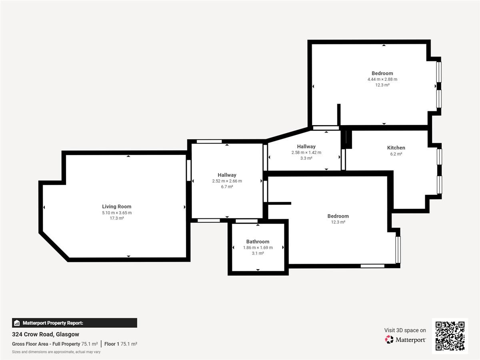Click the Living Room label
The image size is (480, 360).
pyautogui.click(x=116, y=206)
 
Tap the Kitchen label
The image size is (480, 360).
pyautogui.click(x=396, y=148)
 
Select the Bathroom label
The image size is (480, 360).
pyautogui.click(x=258, y=242)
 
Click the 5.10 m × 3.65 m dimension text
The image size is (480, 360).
pyautogui.click(x=117, y=213)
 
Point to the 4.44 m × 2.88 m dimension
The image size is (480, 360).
pyautogui.click(x=382, y=79)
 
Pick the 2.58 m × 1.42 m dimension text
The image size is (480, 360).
pyautogui.click(x=306, y=152)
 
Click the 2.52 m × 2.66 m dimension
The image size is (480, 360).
pyautogui.click(x=227, y=181)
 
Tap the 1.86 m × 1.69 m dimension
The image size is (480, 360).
pyautogui.click(x=258, y=248)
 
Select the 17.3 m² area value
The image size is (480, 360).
pyautogui.click(x=117, y=218)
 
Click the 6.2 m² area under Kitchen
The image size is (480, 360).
pyautogui.click(x=396, y=154)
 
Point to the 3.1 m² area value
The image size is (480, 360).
pyautogui.click(x=258, y=253)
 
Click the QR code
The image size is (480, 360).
pyautogui.click(x=450, y=336)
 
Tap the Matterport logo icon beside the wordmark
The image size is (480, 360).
pyautogui.click(x=389, y=340)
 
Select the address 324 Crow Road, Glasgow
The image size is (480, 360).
pyautogui.click(x=46, y=334)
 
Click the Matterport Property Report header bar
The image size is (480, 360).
pyautogui.click(x=74, y=323)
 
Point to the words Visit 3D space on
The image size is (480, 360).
pyautogui.click(x=405, y=330)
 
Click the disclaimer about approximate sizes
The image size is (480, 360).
pyautogui.click(x=56, y=352)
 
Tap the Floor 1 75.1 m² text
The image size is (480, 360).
pyautogui.click(x=121, y=344)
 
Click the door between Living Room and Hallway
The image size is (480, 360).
pyautogui.click(x=189, y=170)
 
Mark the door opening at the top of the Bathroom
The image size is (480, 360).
pyautogui.click(x=246, y=221)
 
